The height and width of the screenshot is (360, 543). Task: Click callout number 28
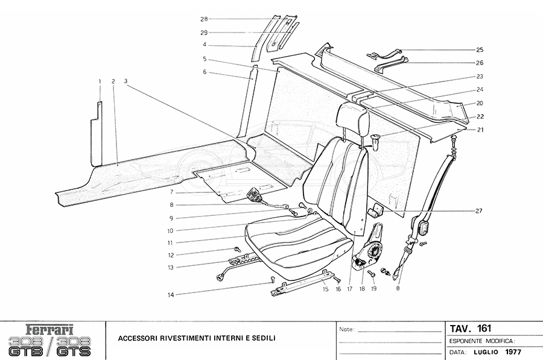[204, 19]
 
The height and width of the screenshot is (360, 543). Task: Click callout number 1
[100, 81]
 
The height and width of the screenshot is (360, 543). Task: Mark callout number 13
[171, 267]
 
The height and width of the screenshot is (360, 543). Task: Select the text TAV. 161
[470, 329]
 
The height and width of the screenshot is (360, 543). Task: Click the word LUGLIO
[486, 351]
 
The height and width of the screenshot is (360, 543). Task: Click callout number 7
[171, 192]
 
